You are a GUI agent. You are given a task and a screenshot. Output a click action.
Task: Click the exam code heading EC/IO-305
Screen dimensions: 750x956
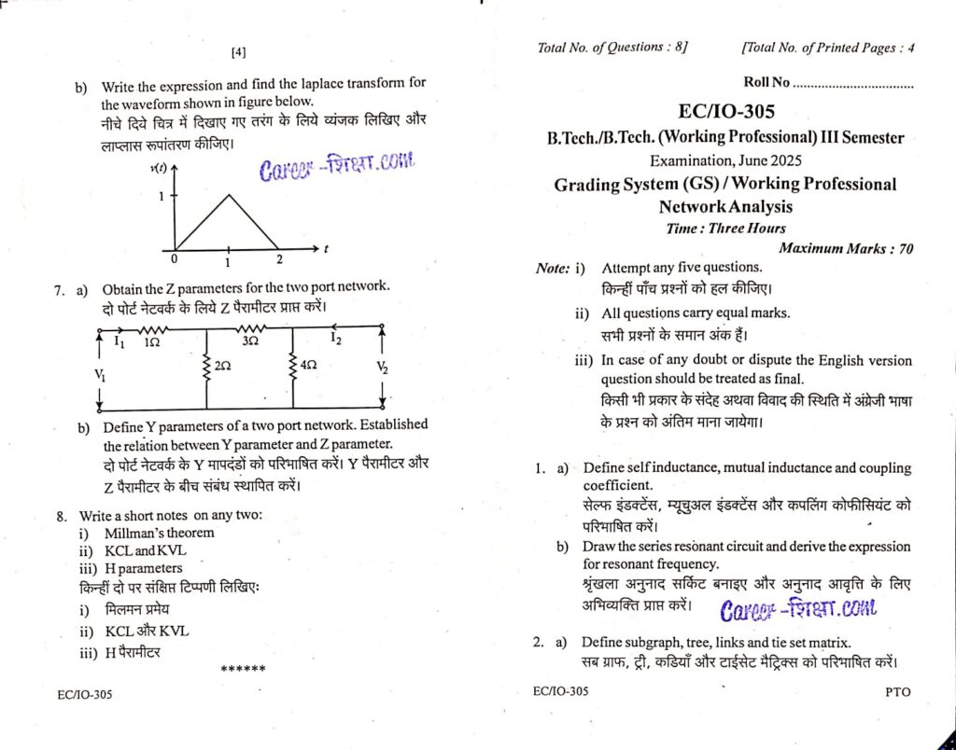(x=725, y=112)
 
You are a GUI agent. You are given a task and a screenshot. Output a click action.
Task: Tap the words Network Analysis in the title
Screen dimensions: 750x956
(x=725, y=206)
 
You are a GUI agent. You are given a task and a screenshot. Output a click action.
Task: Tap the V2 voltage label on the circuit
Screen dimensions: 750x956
(x=382, y=368)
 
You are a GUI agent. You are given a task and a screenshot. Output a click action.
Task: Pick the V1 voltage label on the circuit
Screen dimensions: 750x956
(x=100, y=375)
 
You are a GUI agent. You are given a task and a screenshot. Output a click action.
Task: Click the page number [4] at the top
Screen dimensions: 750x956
(x=239, y=53)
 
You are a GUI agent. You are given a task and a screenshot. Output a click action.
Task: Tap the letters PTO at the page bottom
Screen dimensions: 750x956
(x=897, y=692)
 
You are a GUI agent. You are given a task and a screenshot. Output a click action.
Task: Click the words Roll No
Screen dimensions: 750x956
(x=766, y=83)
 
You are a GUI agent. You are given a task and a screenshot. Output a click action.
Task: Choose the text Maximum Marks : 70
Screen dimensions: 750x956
(x=845, y=248)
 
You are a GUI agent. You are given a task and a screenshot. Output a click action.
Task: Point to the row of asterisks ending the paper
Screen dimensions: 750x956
(x=243, y=669)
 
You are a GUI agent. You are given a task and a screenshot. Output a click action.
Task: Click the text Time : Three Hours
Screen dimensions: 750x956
(x=725, y=228)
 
